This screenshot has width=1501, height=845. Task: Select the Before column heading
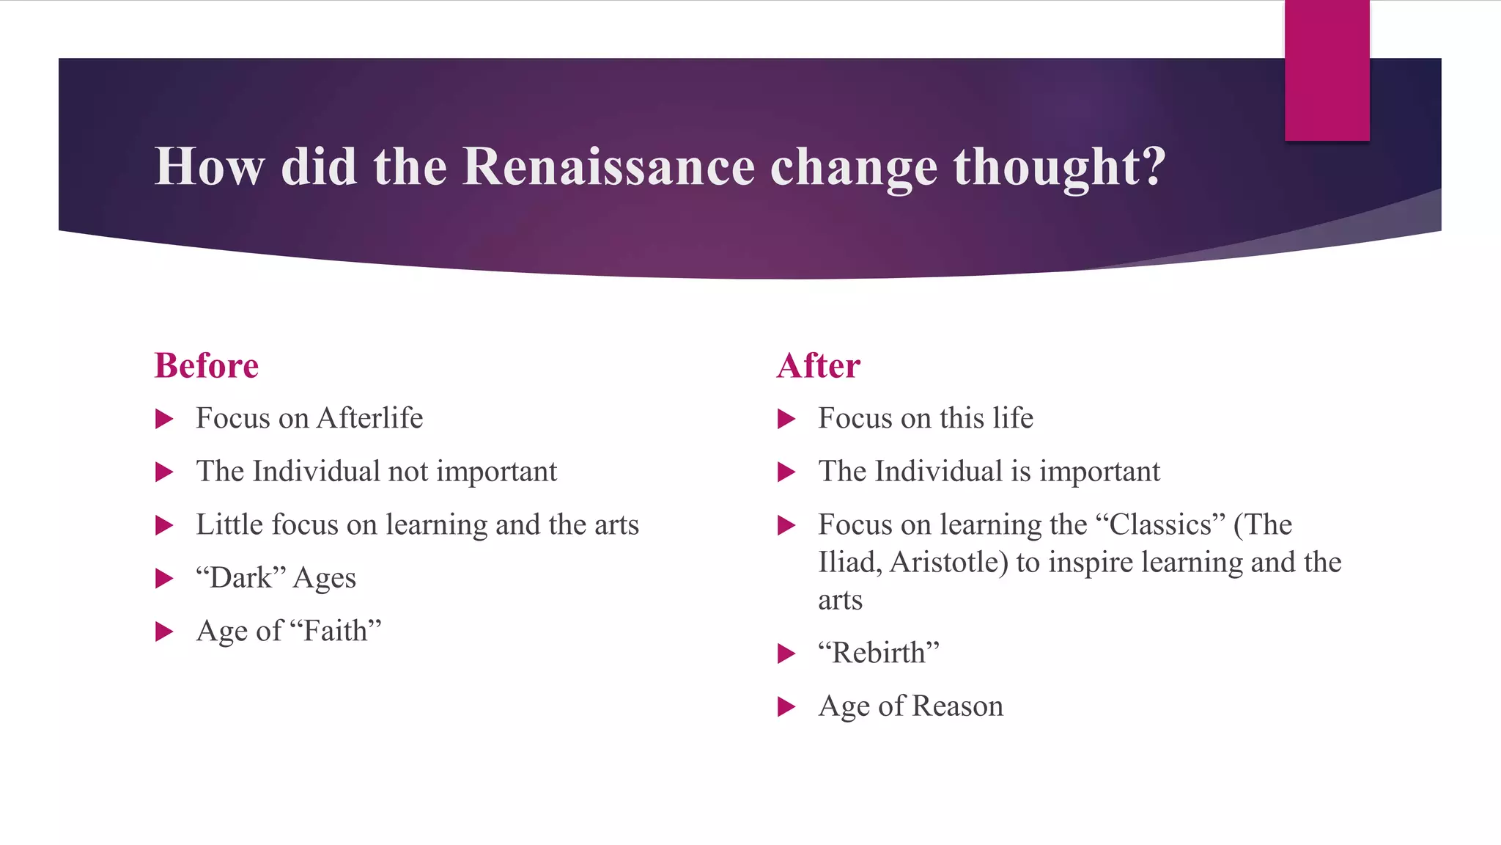(x=206, y=365)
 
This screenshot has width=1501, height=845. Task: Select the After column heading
(x=818, y=365)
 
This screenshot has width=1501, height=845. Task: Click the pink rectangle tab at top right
(x=1327, y=70)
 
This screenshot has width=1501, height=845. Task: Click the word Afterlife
(x=369, y=418)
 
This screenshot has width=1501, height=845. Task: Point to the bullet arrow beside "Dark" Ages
(x=164, y=579)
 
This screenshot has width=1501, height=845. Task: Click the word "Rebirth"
(x=879, y=653)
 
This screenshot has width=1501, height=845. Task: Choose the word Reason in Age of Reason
(x=957, y=706)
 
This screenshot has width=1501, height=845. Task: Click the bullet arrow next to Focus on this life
(x=786, y=420)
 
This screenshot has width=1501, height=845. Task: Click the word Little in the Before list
(x=226, y=525)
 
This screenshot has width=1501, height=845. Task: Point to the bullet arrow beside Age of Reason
(x=786, y=707)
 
